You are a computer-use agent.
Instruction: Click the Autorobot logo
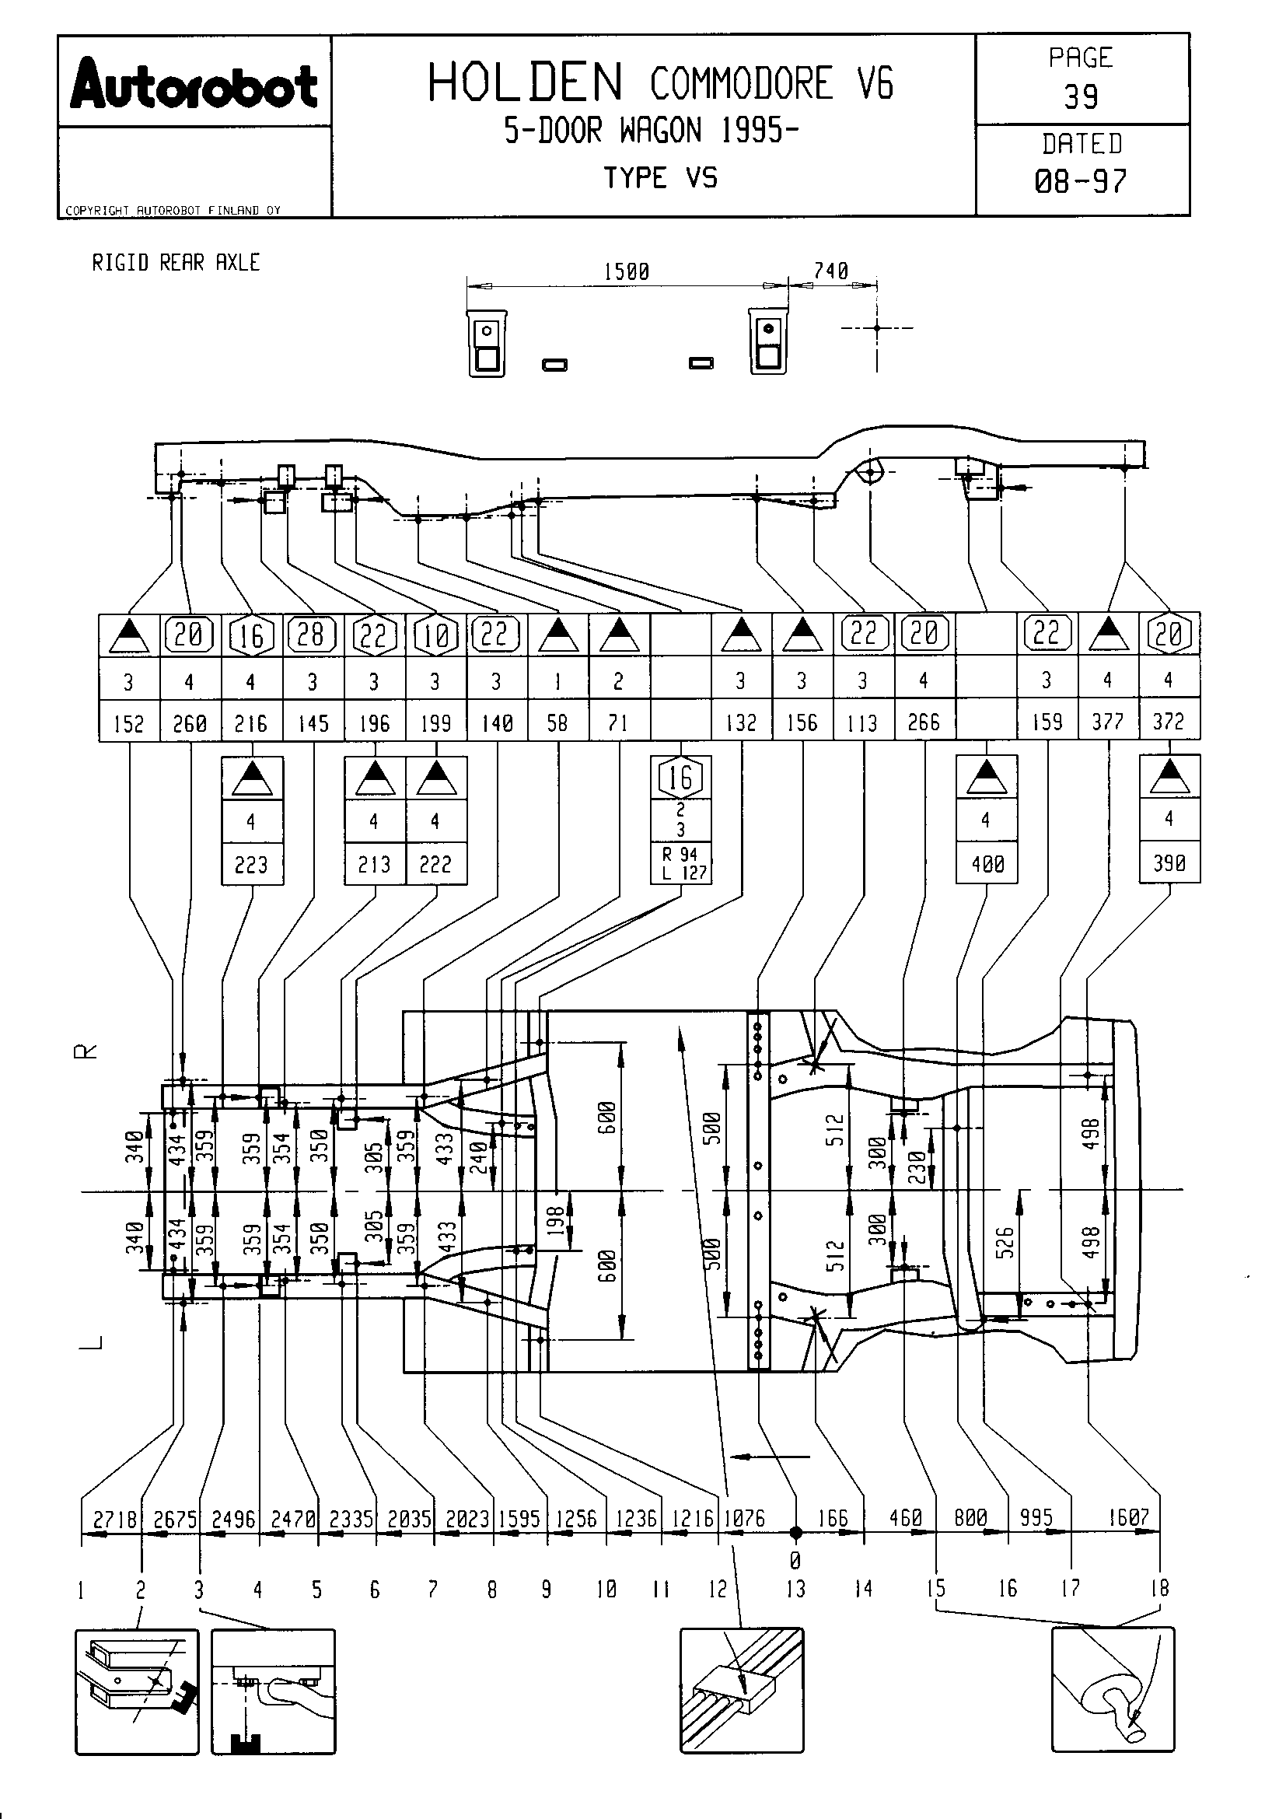click(x=194, y=87)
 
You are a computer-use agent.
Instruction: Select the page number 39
click(x=1081, y=96)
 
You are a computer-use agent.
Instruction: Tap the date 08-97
click(x=1081, y=181)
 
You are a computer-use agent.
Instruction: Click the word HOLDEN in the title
click(x=526, y=83)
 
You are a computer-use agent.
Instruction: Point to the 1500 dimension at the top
click(x=627, y=271)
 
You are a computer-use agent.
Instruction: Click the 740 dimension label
click(x=830, y=271)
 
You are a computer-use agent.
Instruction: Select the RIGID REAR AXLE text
click(x=176, y=262)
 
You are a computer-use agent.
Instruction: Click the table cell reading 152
click(x=129, y=722)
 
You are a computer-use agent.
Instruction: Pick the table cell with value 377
click(x=1108, y=721)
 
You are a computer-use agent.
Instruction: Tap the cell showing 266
click(x=924, y=721)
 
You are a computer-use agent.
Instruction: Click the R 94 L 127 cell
click(x=681, y=863)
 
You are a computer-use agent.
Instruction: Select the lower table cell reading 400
click(x=987, y=862)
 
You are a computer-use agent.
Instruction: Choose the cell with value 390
click(x=1169, y=862)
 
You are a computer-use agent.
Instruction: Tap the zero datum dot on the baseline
click(x=796, y=1533)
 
